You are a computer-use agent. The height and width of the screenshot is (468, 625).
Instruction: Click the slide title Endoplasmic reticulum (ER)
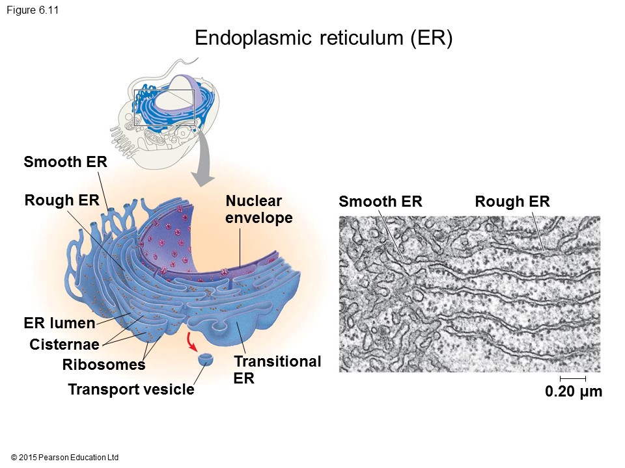(324, 38)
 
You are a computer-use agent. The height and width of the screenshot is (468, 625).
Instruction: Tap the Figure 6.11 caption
(33, 10)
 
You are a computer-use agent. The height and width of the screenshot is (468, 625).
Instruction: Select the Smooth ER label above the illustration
(65, 162)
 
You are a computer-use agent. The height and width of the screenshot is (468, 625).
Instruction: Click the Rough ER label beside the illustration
(62, 200)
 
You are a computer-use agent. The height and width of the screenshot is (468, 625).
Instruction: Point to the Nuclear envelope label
(258, 209)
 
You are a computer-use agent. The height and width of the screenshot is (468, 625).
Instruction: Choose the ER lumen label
(59, 323)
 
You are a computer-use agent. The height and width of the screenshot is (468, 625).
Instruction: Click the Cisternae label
(64, 344)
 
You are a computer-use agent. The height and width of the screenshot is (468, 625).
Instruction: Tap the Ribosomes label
(104, 365)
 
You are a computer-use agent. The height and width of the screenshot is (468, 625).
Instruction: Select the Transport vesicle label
(131, 390)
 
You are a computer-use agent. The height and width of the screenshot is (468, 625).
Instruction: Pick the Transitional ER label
(277, 369)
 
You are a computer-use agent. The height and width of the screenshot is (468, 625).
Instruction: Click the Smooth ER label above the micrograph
(380, 202)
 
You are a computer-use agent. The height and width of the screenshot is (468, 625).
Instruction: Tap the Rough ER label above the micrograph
(512, 202)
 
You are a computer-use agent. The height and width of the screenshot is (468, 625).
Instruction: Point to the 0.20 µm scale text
(574, 392)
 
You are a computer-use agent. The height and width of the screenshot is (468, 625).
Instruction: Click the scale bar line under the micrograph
(573, 378)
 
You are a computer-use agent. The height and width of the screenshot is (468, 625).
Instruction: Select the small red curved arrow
(193, 341)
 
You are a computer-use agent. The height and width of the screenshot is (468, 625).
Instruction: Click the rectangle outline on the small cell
(135, 107)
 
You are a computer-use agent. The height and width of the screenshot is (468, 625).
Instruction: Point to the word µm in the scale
(590, 392)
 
